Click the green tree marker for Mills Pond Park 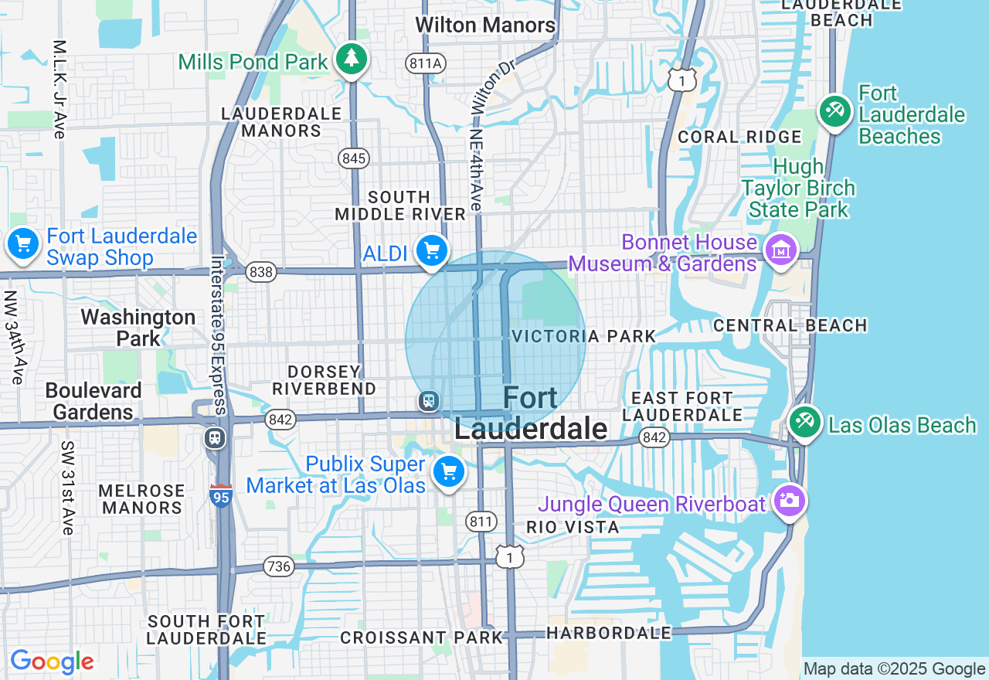pos(352,59)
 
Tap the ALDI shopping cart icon pos(431,250)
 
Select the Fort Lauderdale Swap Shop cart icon pos(23,245)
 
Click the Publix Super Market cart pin pos(448,471)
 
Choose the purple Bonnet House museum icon pos(781,250)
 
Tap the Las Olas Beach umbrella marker pos(804,421)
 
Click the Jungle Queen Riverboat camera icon pos(789,501)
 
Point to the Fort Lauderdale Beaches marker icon pos(834,111)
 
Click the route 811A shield pos(425,63)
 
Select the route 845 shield pos(353,158)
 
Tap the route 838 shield pos(261,272)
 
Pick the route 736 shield pos(277,566)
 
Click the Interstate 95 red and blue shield pos(220,496)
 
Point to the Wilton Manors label pos(485,25)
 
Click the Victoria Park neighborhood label pos(583,336)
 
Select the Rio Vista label pos(573,527)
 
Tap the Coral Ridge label pos(739,137)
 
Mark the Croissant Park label pos(421,637)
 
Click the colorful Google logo pos(52,661)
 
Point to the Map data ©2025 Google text pos(894,669)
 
